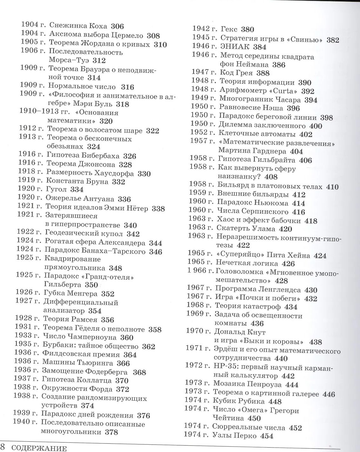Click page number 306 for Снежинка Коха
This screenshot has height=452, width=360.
coord(117,27)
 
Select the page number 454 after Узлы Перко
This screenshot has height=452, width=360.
coord(267,436)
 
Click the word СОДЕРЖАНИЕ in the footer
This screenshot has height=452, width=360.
coord(39,449)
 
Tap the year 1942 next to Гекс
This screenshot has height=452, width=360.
coord(201,29)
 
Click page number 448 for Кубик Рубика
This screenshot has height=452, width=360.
coord(266,401)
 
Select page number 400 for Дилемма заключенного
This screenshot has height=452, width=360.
coord(316,126)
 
